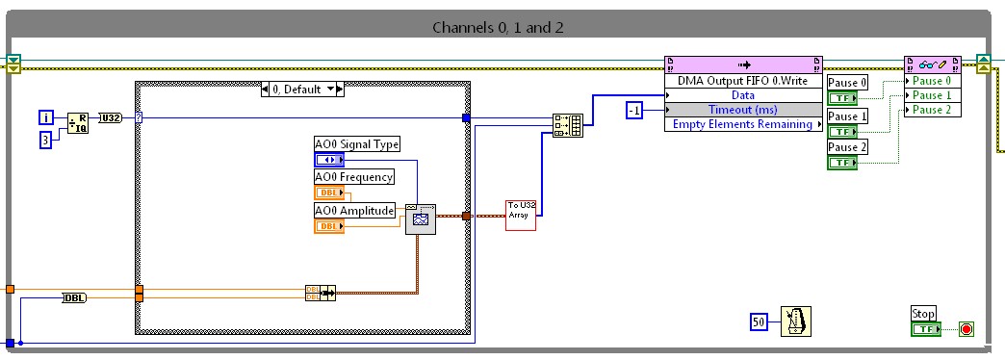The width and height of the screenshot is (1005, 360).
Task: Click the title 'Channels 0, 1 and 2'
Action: tap(498, 27)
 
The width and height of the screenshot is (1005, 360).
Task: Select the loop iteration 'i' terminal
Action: tap(45, 117)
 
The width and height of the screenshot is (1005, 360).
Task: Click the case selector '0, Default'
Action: tap(303, 89)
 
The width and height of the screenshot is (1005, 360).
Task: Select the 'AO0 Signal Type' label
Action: tap(356, 144)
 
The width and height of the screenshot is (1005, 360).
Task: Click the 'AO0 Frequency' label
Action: tap(353, 177)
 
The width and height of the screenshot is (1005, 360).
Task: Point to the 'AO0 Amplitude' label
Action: tap(353, 210)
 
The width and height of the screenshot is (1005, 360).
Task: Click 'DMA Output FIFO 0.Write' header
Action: tap(742, 82)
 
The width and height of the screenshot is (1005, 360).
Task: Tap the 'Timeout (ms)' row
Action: tap(742, 110)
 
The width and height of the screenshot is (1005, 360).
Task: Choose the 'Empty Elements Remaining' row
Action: tap(742, 124)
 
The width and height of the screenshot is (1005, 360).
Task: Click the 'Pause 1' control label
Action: tap(848, 116)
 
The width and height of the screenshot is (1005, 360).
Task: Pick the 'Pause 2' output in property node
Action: tap(932, 110)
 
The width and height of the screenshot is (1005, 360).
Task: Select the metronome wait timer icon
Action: tap(795, 322)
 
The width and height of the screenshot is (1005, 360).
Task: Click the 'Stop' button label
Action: tap(923, 314)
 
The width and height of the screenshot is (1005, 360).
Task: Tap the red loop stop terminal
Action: tap(966, 329)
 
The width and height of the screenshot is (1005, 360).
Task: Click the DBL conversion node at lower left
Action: tap(74, 298)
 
